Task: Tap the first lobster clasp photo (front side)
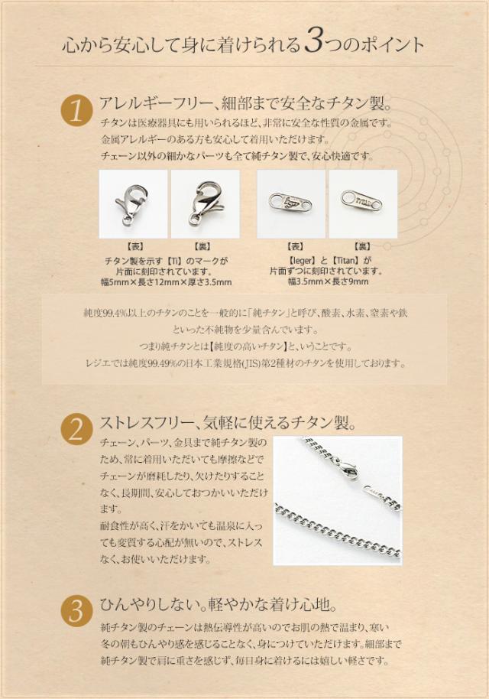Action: [134, 203]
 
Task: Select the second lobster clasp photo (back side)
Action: [205, 203]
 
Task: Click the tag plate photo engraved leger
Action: [291, 203]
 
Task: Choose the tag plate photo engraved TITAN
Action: [363, 203]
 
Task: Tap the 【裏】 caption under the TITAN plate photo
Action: [363, 247]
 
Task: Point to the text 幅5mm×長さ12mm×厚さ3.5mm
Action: [169, 282]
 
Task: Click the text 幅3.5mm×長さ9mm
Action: [328, 281]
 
